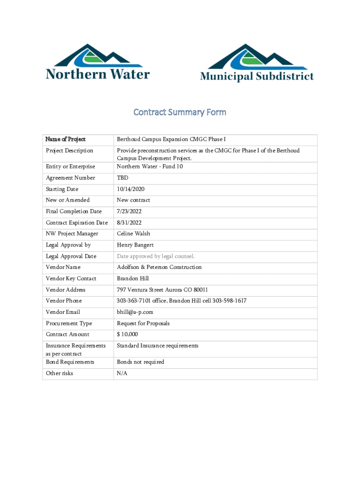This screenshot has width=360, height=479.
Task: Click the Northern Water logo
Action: coord(98,62)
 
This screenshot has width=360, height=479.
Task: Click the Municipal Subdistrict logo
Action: coord(257,63)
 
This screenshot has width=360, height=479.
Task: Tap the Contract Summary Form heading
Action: coord(180,112)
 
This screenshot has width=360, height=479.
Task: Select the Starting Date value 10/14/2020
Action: coord(130,189)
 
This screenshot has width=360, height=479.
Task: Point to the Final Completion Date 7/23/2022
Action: coord(129,211)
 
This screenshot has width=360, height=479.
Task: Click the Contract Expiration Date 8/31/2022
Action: coord(129,223)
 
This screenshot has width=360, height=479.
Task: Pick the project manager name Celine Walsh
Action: coord(133,233)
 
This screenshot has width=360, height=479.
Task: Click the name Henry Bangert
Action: coord(135,245)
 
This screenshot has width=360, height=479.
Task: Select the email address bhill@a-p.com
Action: coord(135,312)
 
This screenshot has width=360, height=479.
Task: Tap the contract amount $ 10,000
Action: coord(127,334)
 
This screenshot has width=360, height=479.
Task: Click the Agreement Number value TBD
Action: coord(122,178)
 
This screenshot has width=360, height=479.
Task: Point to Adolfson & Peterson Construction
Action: coord(159,267)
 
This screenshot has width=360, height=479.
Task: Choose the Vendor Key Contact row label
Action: coord(71,278)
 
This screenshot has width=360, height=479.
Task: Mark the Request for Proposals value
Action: coord(143,323)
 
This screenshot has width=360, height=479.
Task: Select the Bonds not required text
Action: coord(140,362)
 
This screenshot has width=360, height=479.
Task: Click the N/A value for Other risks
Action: coord(122,373)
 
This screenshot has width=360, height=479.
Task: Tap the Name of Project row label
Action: coord(65,139)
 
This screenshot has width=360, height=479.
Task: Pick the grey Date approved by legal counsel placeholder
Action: coord(155,256)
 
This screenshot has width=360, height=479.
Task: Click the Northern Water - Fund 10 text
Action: coord(150,167)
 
